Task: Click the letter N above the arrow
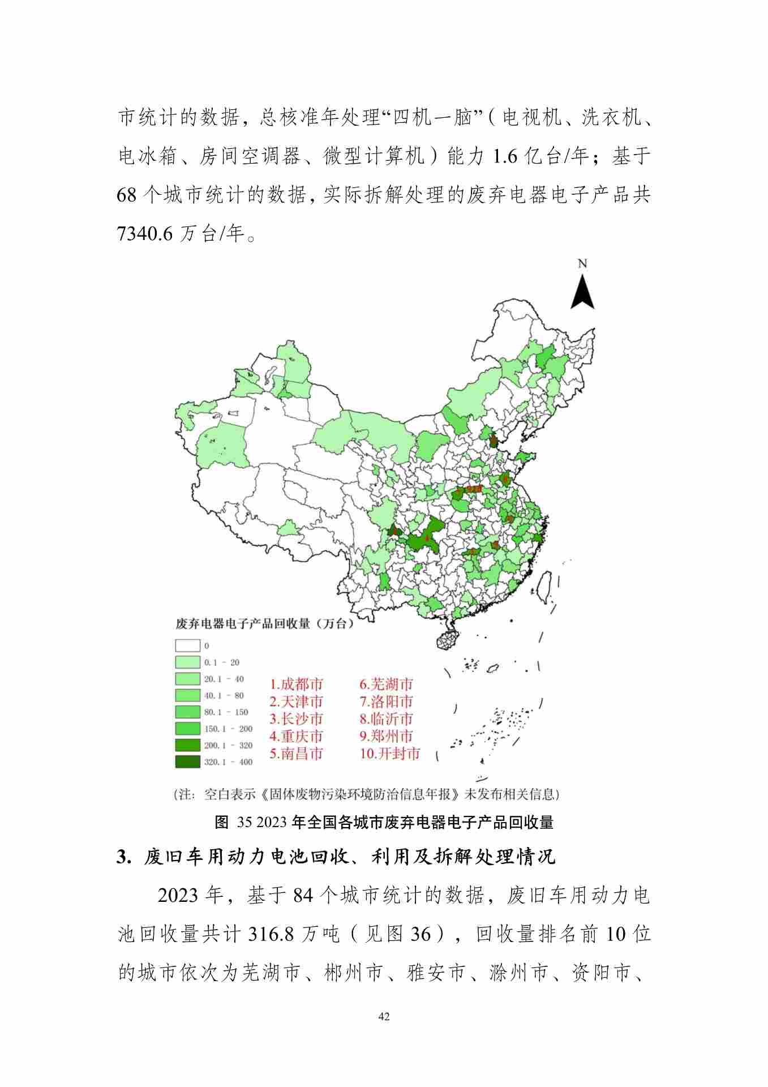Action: point(582,264)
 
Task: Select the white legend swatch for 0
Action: point(187,645)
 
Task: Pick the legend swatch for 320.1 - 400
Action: point(187,762)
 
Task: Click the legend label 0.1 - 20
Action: point(222,662)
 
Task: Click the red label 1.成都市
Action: point(296,684)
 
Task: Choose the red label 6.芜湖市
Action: point(387,684)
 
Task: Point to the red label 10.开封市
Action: point(390,754)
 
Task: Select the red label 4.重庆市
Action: point(296,736)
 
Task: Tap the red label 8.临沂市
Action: point(387,719)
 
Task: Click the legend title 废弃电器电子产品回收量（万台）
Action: point(264,624)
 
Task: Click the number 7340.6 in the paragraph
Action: point(144,233)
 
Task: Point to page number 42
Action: point(384,1017)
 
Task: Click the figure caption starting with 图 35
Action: point(384,823)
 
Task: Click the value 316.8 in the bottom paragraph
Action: point(271,934)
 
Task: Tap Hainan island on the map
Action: point(448,639)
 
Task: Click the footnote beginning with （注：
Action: point(366,794)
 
